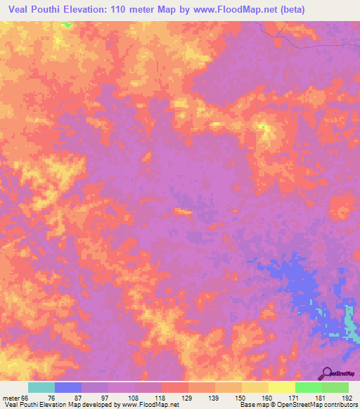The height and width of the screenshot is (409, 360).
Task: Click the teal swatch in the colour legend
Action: coord(41,387)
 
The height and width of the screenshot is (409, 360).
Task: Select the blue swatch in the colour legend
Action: coord(68,387)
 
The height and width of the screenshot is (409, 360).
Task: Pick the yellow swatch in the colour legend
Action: coord(281,387)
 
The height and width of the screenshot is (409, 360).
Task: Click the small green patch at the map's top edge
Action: coord(66,25)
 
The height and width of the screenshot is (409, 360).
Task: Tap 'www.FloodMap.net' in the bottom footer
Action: coord(148,405)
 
